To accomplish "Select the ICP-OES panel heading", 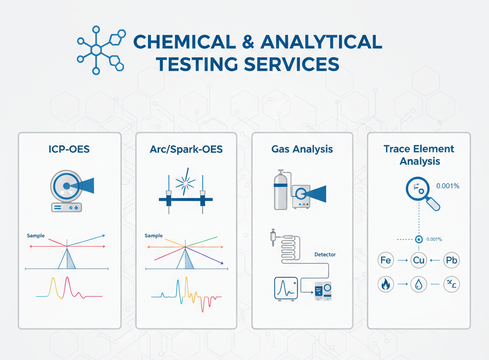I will [69, 149].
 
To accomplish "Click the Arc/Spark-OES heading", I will [186, 149].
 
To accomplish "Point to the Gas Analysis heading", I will [302, 149].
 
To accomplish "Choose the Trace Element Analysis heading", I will [419, 155].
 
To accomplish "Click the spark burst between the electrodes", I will [186, 181].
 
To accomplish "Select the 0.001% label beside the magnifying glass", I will [448, 186].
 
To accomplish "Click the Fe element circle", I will [385, 261].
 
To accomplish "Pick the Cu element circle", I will [418, 261].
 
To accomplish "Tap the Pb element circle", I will [451, 261].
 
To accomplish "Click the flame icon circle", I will [385, 285].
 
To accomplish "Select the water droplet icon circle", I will [418, 285].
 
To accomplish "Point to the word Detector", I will [325, 254].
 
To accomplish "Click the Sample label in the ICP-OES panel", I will [36, 236].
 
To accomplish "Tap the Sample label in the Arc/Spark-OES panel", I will [153, 236].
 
